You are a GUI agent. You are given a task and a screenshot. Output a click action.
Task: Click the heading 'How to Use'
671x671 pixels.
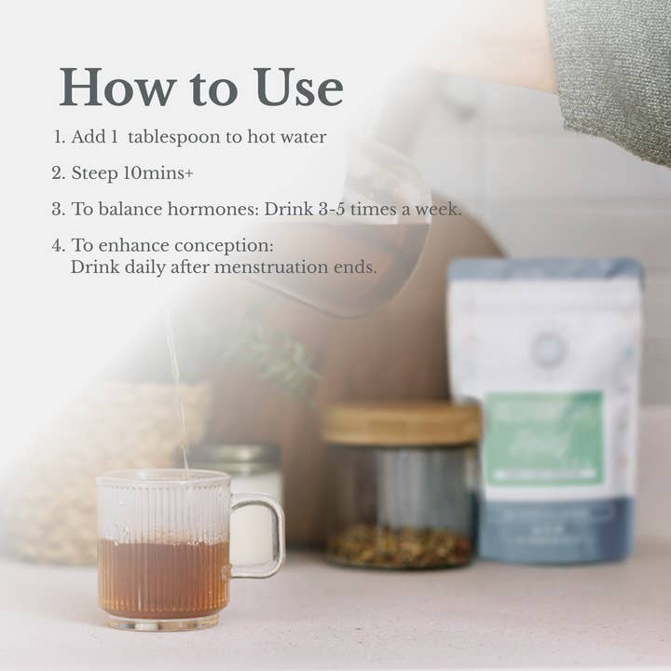pos(200,88)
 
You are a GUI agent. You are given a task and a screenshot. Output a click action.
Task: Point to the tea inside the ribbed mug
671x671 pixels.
pos(162,578)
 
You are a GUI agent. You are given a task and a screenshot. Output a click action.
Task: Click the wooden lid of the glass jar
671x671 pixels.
pos(401,424)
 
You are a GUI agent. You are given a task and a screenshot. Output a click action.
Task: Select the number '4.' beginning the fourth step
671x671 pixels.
pos(59,246)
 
